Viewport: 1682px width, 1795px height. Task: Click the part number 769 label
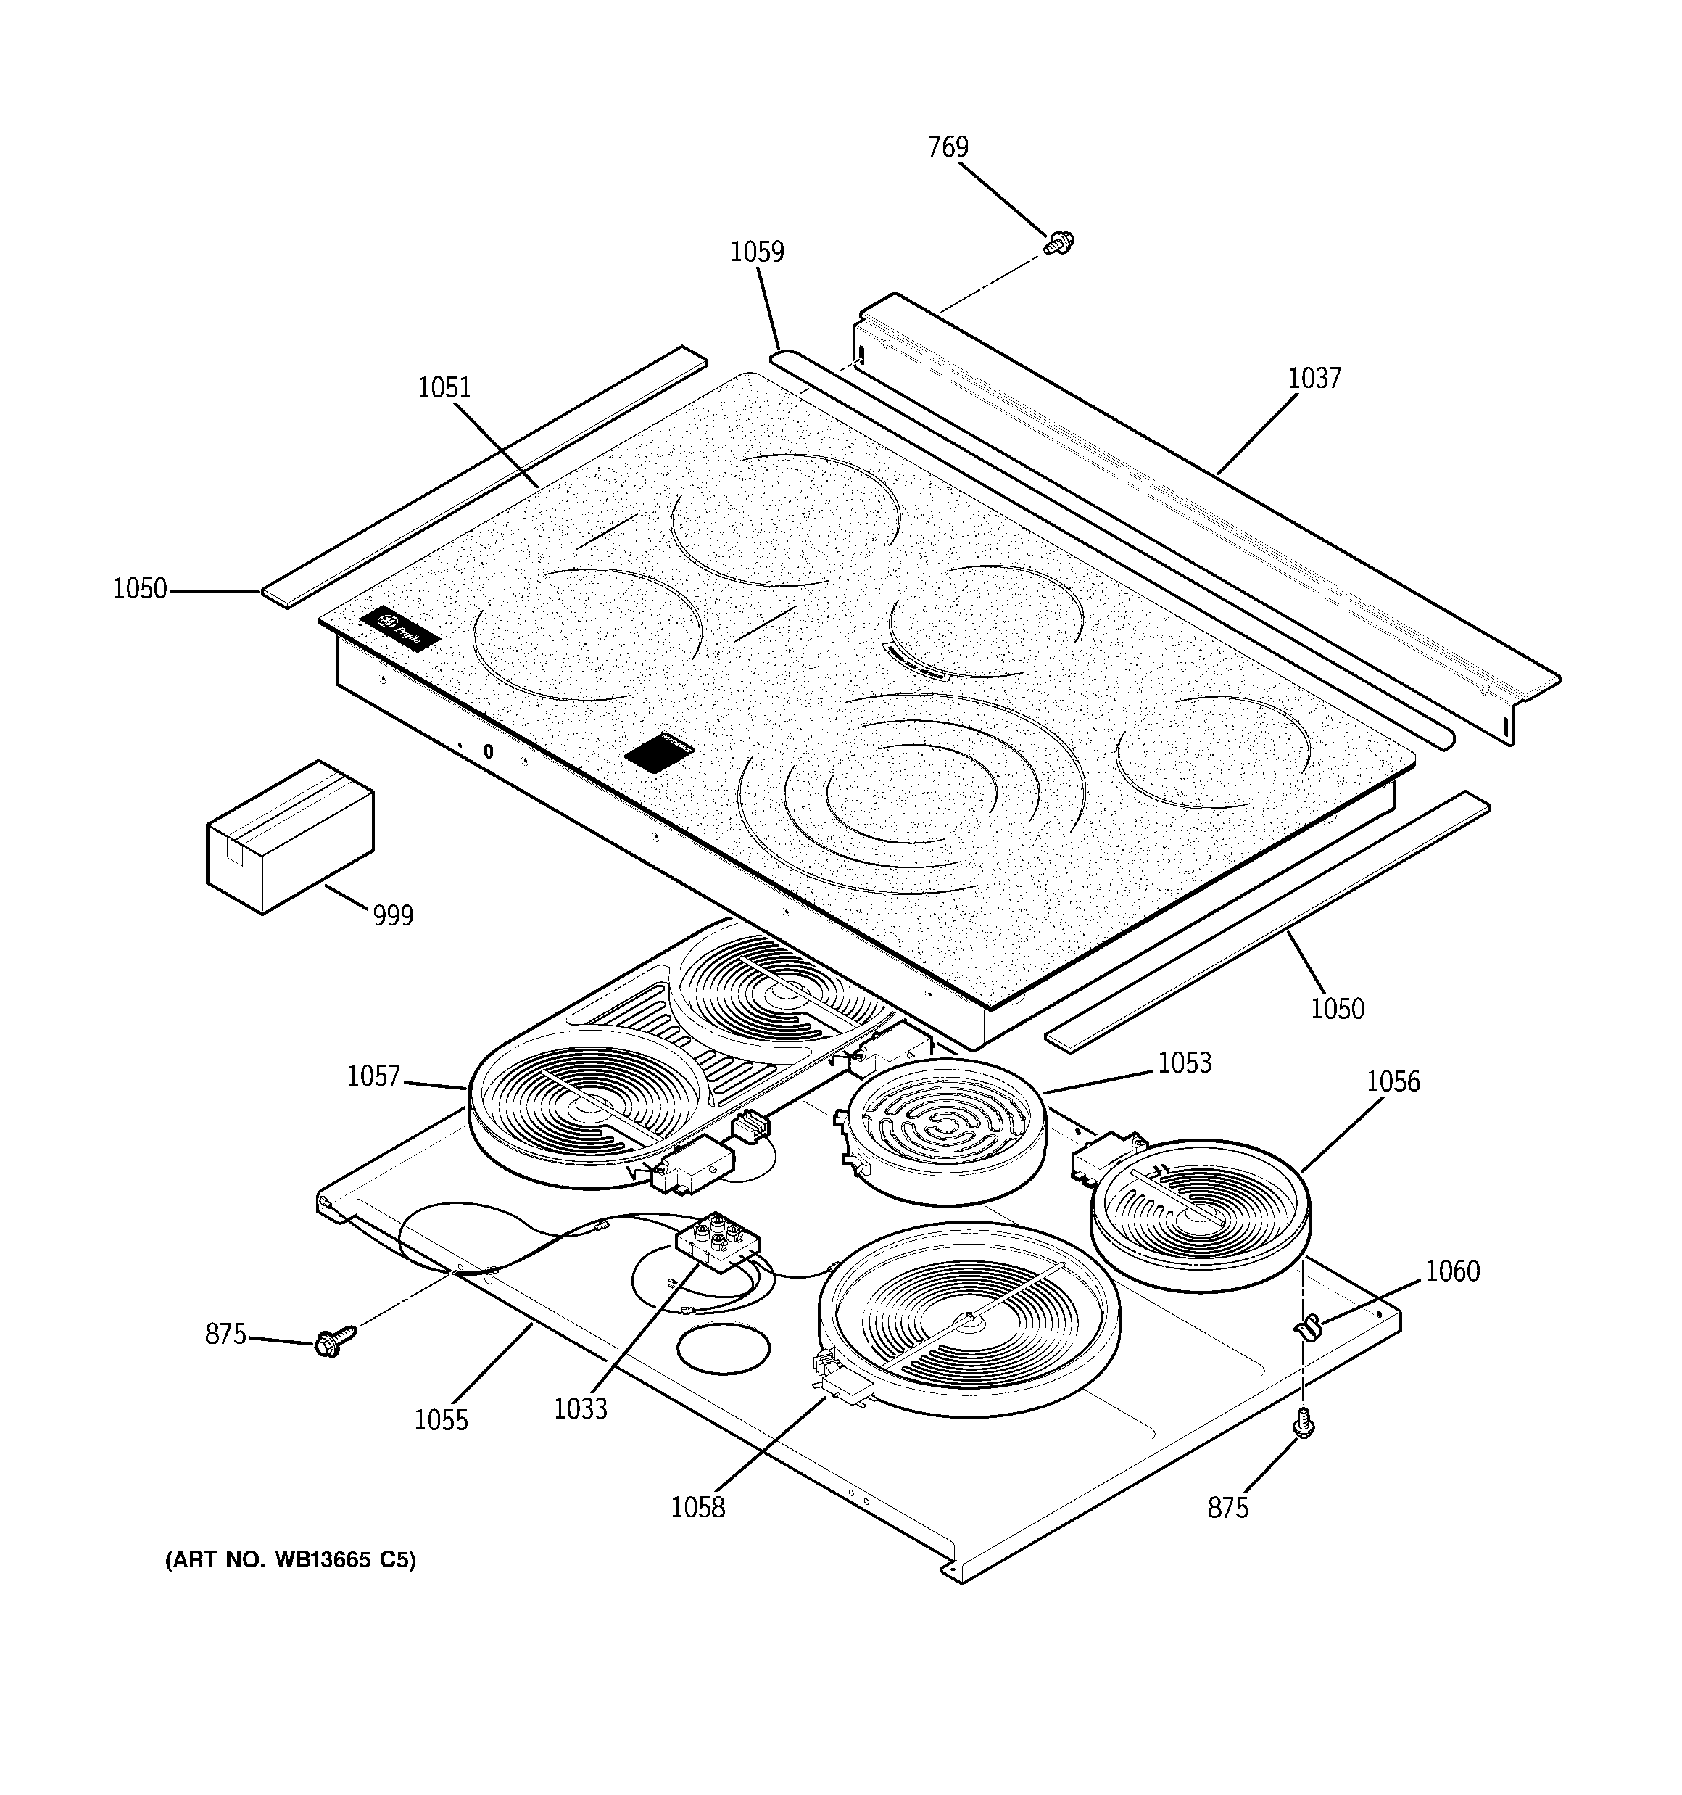tap(948, 147)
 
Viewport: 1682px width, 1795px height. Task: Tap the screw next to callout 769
tap(1058, 242)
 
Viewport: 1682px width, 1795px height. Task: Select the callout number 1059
tap(757, 251)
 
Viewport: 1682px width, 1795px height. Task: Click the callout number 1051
tap(444, 387)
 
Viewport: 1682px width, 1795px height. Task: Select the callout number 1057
tap(373, 1076)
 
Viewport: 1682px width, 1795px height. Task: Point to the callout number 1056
tap(1392, 1081)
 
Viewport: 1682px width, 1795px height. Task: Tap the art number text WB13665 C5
tap(290, 1585)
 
